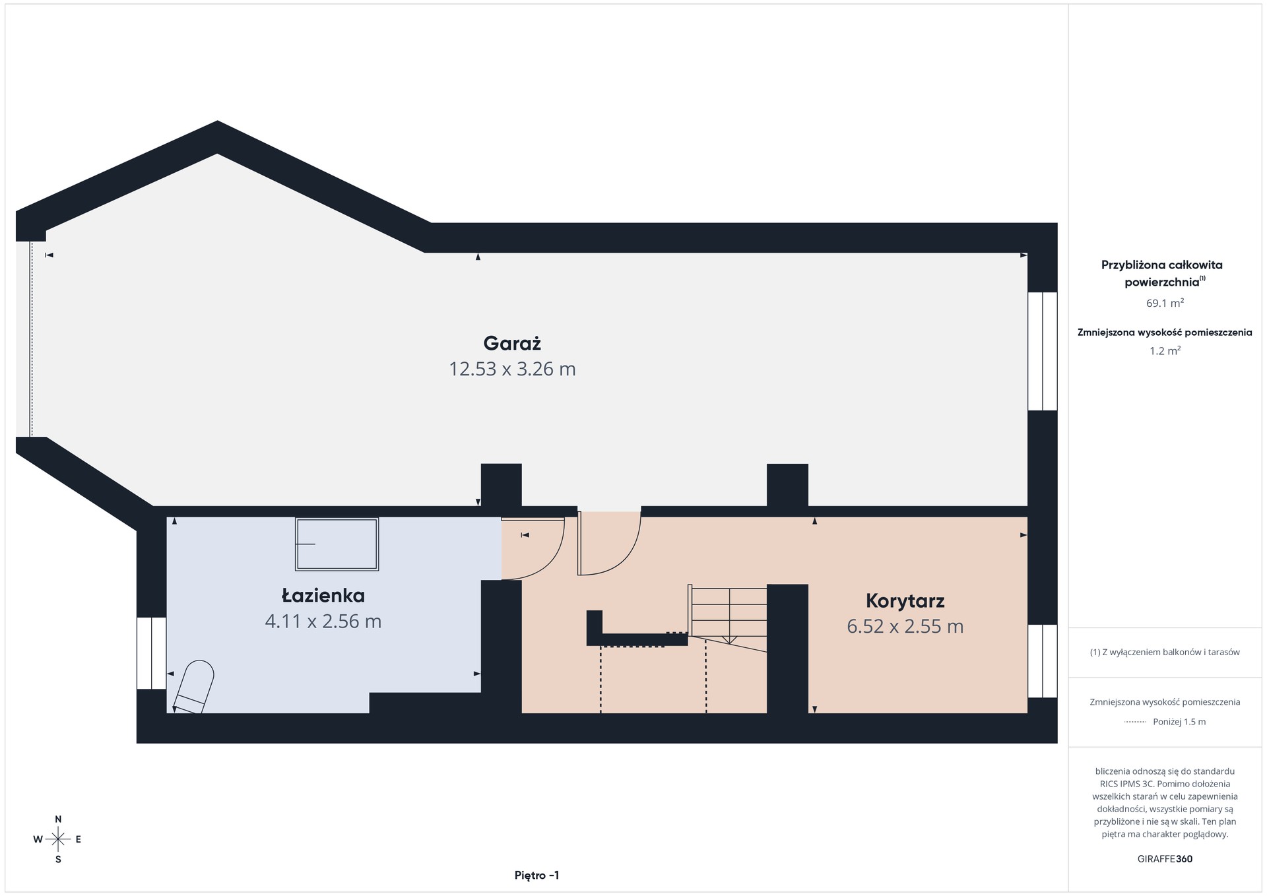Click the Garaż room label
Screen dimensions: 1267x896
click(512, 344)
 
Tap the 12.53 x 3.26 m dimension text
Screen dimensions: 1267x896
click(512, 369)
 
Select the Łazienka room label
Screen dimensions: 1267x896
click(323, 596)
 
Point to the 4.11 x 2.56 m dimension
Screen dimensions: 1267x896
click(323, 622)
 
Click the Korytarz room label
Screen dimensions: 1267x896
click(905, 601)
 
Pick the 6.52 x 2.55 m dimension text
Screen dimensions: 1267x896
click(905, 626)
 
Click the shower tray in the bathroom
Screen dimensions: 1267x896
click(337, 544)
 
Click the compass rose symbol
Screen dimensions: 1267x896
click(58, 839)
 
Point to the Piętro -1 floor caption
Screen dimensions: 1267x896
click(536, 876)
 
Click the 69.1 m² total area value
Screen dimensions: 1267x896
click(1165, 304)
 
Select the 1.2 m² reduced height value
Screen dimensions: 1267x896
click(1165, 351)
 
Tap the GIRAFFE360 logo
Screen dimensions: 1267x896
click(1165, 859)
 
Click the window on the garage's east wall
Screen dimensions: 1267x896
click(1043, 351)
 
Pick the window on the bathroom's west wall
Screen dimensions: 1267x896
click(151, 653)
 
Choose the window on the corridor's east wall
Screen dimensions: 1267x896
click(1043, 661)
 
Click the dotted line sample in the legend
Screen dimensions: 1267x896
click(1135, 722)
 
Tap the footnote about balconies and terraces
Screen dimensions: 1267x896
click(1165, 653)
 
